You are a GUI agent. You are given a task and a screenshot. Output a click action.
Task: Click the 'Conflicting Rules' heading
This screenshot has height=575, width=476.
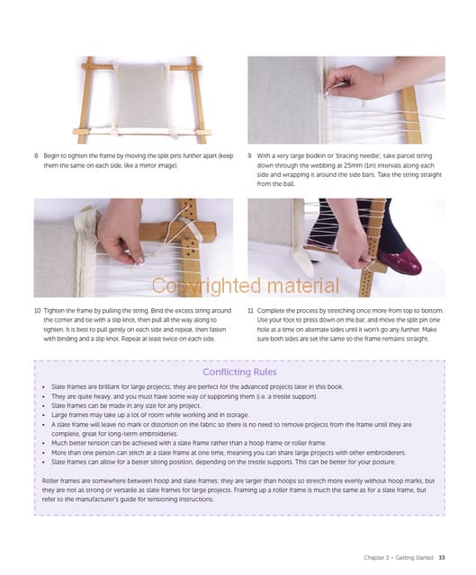pos(239,372)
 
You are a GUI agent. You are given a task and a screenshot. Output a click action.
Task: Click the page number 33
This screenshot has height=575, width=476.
pos(442,557)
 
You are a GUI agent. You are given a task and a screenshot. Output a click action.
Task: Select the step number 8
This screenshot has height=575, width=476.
pos(36,155)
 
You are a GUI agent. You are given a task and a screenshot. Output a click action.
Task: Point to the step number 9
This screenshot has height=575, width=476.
pos(249,155)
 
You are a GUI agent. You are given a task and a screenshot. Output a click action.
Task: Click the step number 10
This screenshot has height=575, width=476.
pos(37,311)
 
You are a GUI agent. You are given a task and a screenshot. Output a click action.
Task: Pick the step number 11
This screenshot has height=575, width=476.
pos(250,311)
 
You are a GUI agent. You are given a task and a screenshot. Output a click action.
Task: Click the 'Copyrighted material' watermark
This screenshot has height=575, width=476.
pos(246,286)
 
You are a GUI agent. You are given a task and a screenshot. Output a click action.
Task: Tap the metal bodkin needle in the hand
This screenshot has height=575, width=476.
pos(335,88)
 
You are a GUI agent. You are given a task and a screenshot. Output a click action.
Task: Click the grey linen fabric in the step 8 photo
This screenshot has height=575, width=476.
pos(141,96)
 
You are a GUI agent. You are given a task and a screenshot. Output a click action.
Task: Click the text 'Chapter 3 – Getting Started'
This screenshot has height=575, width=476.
pos(399,557)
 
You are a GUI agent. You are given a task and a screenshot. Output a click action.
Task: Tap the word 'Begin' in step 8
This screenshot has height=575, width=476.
pos(51,155)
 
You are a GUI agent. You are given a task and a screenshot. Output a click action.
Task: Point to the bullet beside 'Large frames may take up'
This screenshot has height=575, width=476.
pos(44,415)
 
